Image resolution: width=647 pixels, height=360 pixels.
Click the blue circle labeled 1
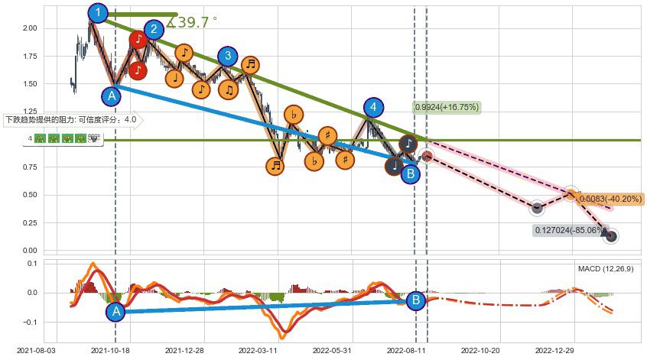pos(98,13)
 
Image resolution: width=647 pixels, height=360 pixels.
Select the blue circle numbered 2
pos(154,30)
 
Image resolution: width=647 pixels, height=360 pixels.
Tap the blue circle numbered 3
pos(227,56)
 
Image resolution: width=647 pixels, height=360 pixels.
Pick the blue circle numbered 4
pos(372,107)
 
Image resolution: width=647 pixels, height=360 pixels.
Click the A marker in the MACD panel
pos(115,311)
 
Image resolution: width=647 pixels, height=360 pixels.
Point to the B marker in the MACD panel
pos(415,300)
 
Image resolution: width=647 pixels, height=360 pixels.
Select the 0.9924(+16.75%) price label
pos(447,107)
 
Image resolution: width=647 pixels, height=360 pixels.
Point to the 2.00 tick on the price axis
pos(31,28)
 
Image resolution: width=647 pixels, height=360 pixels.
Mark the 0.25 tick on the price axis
pos(31,222)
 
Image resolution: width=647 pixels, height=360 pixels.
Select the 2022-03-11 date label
pos(257,350)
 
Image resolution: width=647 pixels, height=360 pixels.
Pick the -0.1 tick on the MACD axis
pos(31,323)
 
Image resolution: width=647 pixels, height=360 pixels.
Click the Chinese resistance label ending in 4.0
pos(71,120)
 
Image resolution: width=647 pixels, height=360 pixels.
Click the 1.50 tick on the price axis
pos(31,84)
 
